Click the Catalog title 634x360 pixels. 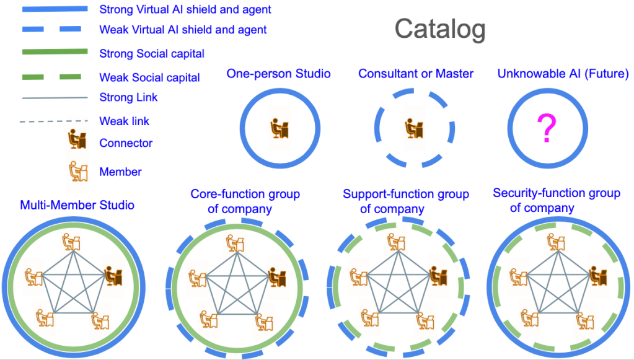tap(440, 29)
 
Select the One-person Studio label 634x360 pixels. tap(278, 74)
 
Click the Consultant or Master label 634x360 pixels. tap(416, 74)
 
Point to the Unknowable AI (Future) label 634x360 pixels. tap(563, 74)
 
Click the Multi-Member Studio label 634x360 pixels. tap(77, 205)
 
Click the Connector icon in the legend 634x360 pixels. tap(76, 141)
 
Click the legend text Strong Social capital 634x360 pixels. tap(152, 54)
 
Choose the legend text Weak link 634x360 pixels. tap(125, 121)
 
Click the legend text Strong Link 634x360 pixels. tap(128, 97)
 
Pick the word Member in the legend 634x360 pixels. tap(120, 172)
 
